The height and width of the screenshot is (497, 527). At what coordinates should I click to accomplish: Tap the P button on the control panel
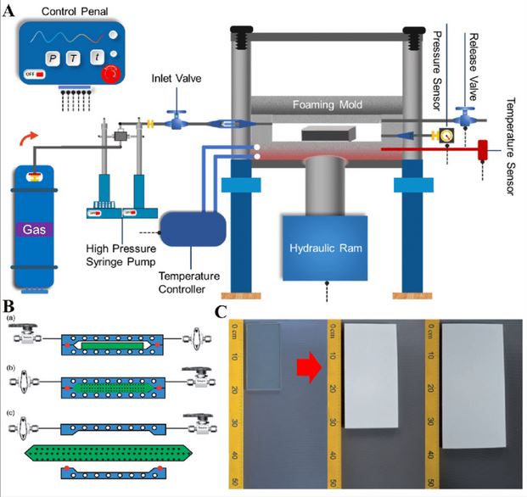53,57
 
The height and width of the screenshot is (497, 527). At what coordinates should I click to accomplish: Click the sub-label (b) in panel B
10,367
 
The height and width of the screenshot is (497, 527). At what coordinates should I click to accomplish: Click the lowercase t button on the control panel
98,57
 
